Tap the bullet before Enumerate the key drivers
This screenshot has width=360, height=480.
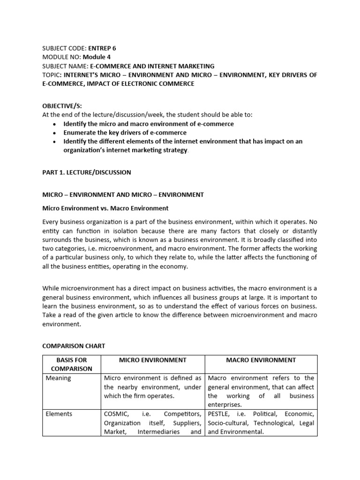[x=55, y=133]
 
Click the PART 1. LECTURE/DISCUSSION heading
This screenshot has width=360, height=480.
[x=87, y=172]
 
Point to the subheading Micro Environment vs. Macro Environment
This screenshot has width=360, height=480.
[x=105, y=208]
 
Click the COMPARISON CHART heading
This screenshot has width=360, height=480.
[x=74, y=346]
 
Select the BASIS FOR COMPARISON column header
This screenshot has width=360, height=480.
[x=72, y=364]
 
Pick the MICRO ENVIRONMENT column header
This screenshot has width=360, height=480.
[x=152, y=360]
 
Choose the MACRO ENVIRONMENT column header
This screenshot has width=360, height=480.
[x=261, y=360]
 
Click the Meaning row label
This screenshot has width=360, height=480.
[x=58, y=378]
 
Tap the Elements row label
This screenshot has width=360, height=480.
[x=59, y=414]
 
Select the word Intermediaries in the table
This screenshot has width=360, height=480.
[x=159, y=432]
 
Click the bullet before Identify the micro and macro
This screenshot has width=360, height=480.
[x=55, y=124]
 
